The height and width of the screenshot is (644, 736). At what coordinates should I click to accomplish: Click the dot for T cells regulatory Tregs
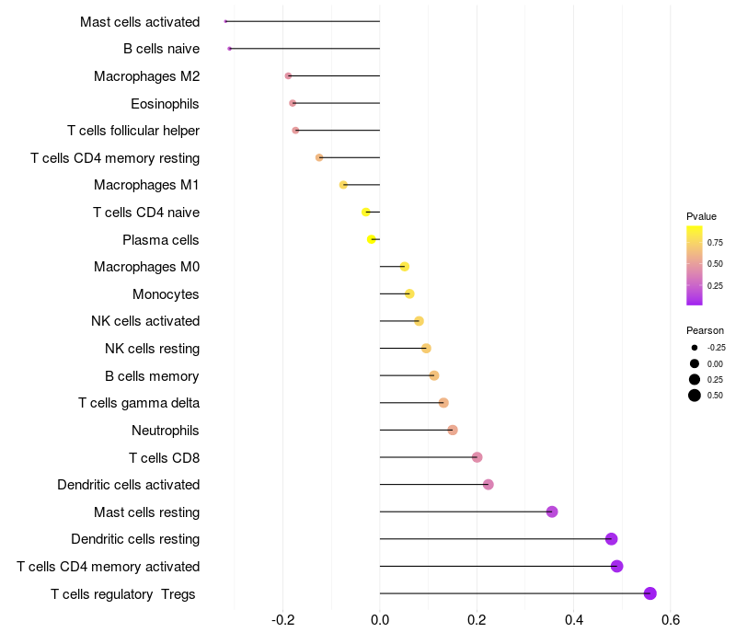[650, 593]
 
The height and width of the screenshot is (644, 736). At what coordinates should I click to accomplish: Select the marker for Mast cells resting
[552, 512]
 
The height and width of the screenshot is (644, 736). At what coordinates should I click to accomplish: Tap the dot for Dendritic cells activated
[488, 485]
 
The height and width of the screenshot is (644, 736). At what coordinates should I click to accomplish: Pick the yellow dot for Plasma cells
[372, 239]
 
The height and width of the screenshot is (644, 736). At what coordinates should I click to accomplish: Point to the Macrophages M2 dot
[288, 75]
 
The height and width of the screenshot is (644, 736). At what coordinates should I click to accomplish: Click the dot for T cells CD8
[477, 457]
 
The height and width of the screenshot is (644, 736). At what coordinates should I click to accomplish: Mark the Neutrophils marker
[452, 430]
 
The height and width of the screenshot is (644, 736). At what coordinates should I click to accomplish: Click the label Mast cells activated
[140, 21]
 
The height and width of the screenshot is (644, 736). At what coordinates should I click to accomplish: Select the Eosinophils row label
[165, 103]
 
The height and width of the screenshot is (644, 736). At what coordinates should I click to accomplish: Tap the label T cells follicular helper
[133, 131]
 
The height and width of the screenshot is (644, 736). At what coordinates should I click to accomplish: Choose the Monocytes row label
[166, 294]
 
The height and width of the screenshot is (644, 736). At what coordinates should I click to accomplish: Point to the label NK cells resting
[152, 349]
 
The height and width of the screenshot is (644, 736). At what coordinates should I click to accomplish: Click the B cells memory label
[152, 375]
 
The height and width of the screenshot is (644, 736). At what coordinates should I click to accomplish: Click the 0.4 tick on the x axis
[573, 621]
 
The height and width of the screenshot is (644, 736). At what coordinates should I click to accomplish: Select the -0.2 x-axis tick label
[283, 621]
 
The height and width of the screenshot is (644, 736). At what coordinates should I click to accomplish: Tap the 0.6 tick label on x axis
[671, 621]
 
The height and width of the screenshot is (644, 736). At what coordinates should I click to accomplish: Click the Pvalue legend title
[701, 216]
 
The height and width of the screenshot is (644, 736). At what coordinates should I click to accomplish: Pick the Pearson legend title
[705, 329]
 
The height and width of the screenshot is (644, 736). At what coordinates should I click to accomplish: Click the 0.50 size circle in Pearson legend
[695, 396]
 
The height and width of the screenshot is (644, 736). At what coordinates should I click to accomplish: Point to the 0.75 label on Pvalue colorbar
[715, 243]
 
